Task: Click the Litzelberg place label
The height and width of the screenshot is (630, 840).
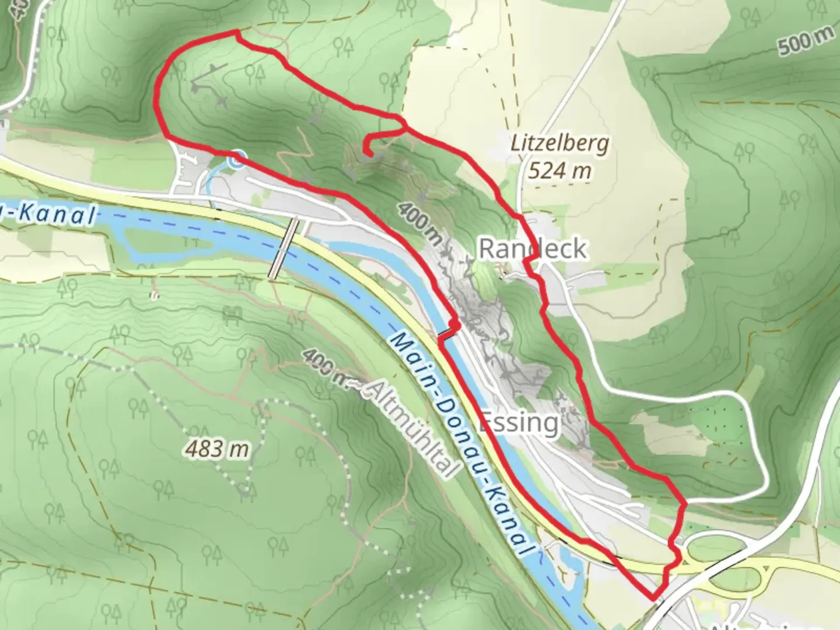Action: tap(559, 143)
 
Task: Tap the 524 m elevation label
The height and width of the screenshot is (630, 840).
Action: tap(559, 170)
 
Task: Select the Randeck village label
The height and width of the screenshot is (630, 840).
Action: tap(532, 249)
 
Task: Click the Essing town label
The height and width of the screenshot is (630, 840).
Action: tap(518, 422)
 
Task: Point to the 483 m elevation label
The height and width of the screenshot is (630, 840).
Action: tap(217, 449)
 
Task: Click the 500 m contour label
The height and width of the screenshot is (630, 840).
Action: tap(806, 41)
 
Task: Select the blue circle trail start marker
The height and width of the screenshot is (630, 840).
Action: tap(237, 159)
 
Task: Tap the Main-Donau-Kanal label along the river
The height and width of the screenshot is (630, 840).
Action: tap(461, 443)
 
